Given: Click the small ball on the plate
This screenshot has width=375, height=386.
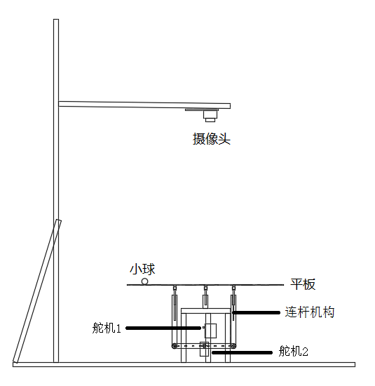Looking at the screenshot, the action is point(144,281).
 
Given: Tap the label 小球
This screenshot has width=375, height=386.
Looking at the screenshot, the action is point(142,269).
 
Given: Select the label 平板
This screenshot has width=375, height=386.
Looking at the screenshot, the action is point(303,284).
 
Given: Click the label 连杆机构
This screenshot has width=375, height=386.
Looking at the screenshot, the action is point(310,312).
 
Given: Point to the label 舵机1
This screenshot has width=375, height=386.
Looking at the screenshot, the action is point(107,328).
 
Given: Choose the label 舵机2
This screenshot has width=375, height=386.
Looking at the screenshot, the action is point(294,351).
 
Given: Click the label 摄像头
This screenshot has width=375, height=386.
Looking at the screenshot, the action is point(212,138).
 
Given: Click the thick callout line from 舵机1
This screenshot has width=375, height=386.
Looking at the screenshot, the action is point(163,328).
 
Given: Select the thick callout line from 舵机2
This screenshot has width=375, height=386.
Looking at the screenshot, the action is point(243,352).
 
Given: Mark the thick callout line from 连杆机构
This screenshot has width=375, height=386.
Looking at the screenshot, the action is point(257,312).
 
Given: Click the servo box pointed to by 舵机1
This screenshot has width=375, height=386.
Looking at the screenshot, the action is point(211,331).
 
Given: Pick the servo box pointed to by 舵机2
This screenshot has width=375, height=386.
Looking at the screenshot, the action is point(204,349).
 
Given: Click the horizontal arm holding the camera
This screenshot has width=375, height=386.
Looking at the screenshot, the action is point(144,105).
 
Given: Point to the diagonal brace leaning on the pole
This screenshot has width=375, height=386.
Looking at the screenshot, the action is point(37,291).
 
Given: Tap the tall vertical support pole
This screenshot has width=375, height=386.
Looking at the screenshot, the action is point(56,190).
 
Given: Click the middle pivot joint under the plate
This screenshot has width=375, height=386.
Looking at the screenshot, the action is point(205,288).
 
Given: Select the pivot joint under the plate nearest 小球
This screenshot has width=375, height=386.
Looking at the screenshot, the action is point(175,288).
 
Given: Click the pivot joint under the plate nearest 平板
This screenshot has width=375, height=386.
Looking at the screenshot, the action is point(233,288).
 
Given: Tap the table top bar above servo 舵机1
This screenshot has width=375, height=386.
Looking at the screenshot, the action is point(205,311).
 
